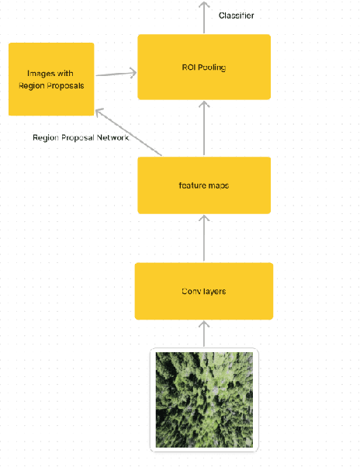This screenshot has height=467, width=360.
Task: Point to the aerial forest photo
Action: (204, 400)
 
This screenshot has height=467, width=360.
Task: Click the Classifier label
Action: (236, 16)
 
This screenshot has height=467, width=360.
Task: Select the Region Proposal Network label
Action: (80, 137)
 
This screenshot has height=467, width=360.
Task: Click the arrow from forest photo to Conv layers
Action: (204, 334)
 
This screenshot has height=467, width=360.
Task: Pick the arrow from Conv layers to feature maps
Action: (204, 238)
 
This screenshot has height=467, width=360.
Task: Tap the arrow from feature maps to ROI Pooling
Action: (204, 128)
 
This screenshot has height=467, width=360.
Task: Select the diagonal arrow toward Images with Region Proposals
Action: (129, 133)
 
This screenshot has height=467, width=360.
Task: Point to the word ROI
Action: (187, 67)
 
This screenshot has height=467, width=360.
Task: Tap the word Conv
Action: (192, 291)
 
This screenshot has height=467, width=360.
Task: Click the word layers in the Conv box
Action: (215, 291)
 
